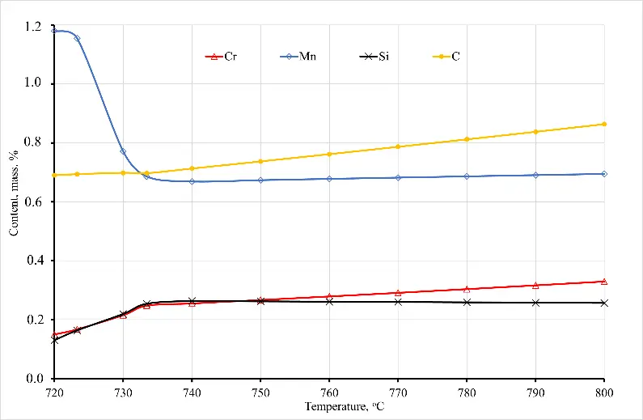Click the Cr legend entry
(224, 57)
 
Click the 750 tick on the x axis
(260, 392)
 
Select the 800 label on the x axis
(604, 392)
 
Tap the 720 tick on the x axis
(54, 392)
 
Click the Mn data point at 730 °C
(123, 151)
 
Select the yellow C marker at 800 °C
(604, 124)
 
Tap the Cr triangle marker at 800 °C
(604, 282)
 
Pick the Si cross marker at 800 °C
(604, 303)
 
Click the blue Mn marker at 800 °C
(604, 174)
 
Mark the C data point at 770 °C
(398, 146)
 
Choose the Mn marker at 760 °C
(329, 178)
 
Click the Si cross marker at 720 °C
(54, 340)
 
